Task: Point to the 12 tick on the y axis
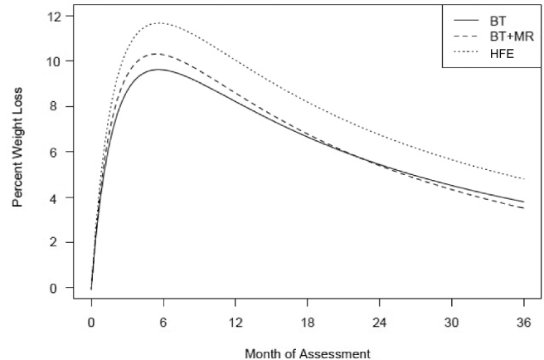point(55,17)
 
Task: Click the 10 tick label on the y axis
point(55,61)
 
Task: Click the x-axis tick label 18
point(308,323)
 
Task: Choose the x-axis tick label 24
point(380,323)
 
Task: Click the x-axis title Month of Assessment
point(308,353)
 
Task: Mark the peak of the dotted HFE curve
point(159,23)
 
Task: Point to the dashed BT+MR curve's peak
point(158,54)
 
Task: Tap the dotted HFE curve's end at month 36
point(524,179)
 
